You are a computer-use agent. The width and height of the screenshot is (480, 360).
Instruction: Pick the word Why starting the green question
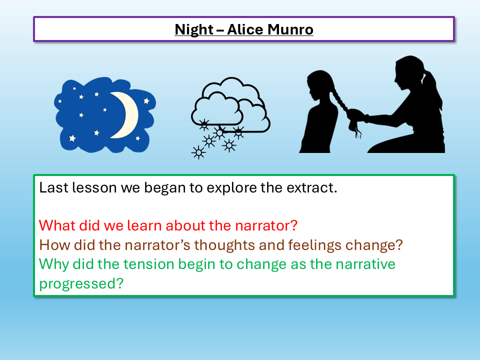(53, 263)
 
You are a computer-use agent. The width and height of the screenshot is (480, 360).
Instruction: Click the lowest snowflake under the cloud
(198, 152)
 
